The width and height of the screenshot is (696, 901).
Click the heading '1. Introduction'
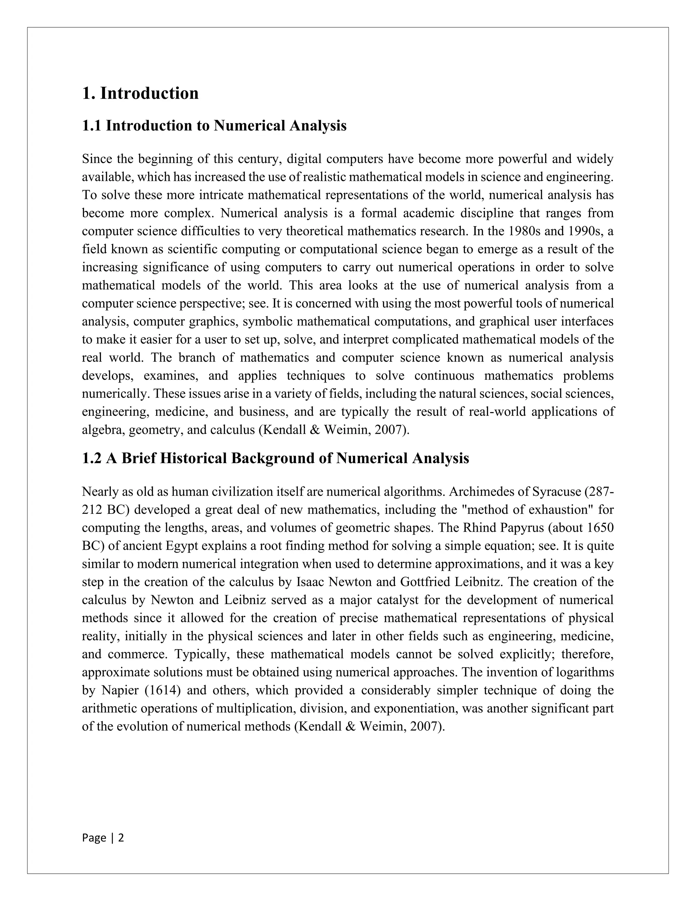point(140,93)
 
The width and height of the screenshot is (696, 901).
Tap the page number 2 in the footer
point(121,838)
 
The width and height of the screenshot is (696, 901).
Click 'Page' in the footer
point(94,838)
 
